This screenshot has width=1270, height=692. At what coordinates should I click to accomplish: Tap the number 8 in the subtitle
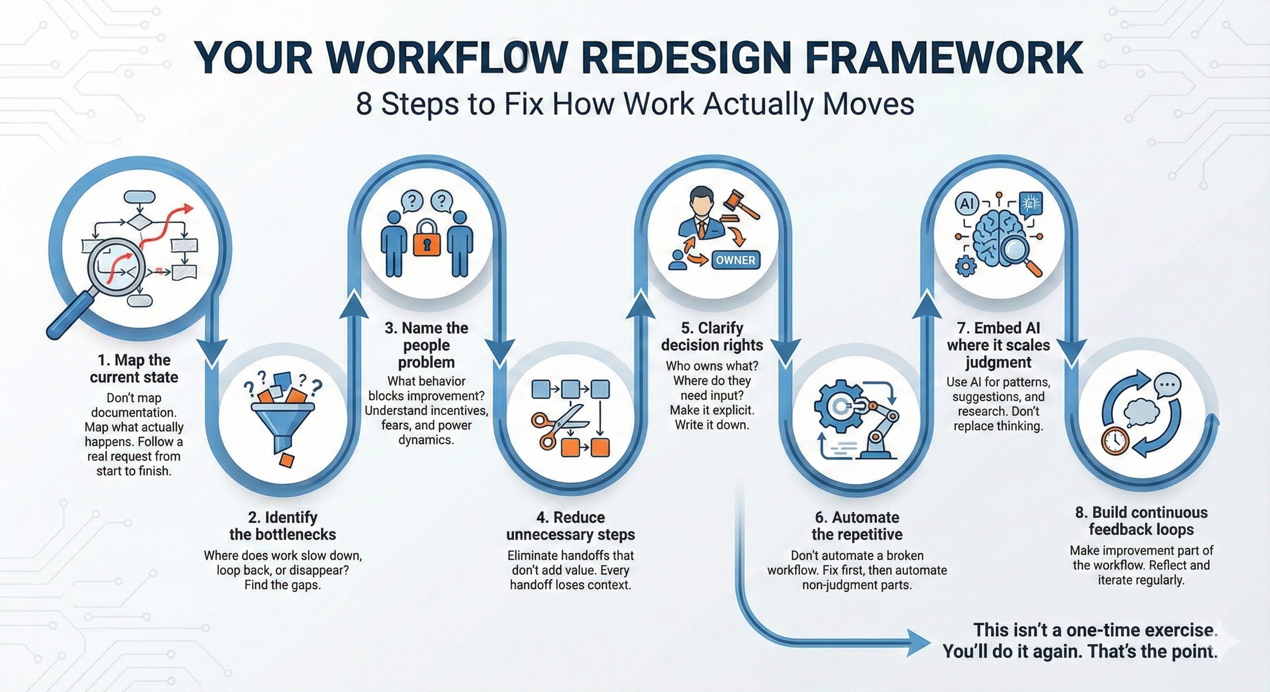[364, 105]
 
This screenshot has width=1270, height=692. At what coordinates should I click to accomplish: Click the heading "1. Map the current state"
[133, 369]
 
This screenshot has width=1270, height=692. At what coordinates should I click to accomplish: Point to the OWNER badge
[735, 260]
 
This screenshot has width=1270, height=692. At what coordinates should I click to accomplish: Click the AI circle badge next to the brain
[966, 203]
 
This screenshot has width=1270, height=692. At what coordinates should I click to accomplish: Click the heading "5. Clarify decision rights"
[712, 337]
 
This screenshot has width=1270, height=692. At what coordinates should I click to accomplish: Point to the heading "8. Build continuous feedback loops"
[1141, 521]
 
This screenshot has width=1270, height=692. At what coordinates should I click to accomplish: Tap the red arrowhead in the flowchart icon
[187, 208]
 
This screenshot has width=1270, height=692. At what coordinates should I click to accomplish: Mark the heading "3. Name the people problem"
[427, 345]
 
